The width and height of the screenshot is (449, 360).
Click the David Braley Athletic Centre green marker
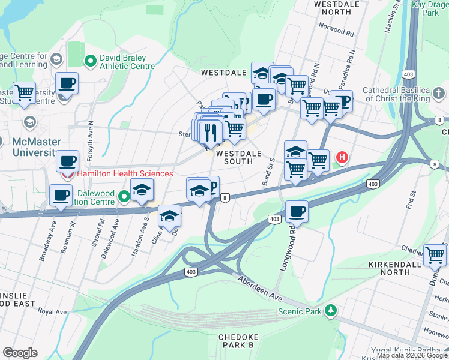tap(91, 60)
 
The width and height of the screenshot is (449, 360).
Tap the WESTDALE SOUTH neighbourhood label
tap(238, 157)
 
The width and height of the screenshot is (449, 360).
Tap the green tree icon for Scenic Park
tap(330, 311)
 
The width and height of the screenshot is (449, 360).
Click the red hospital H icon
tap(342, 158)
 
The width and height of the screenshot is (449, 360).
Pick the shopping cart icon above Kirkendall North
tap(435, 254)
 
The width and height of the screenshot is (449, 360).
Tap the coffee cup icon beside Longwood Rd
tap(297, 211)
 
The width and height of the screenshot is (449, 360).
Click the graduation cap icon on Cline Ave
tap(170, 215)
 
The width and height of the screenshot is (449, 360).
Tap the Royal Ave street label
tap(52, 312)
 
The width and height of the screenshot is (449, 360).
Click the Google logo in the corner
tap(19, 353)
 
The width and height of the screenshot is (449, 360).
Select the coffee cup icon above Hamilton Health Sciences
tap(68, 160)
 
